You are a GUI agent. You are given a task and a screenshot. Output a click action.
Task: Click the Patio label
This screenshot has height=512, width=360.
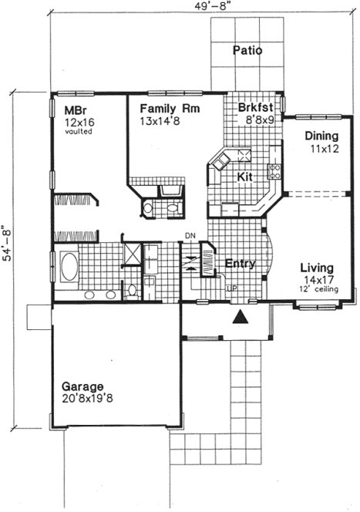(x=247, y=52)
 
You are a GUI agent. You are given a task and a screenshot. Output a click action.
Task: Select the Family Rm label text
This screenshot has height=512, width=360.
(x=170, y=109)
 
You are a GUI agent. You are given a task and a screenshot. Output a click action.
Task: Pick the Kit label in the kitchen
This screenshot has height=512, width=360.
(x=245, y=177)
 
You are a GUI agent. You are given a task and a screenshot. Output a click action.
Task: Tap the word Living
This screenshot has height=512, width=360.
(x=316, y=268)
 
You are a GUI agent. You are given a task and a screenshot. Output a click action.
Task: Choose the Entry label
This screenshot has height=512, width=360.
(x=240, y=264)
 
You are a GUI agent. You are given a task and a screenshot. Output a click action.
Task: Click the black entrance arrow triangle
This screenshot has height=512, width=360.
(x=241, y=315)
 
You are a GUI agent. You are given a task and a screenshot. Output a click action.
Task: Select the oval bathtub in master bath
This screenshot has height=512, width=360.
(x=69, y=270)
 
